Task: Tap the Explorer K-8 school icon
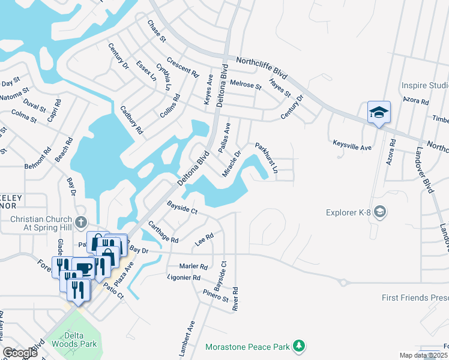click(379, 212)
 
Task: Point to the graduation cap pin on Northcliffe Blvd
click(379, 112)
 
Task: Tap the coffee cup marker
click(83, 268)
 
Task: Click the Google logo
click(20, 353)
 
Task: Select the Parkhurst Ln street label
click(267, 157)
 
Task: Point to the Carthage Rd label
click(163, 232)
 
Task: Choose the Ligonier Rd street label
click(184, 277)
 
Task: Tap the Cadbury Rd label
click(131, 119)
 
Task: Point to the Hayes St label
click(280, 88)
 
